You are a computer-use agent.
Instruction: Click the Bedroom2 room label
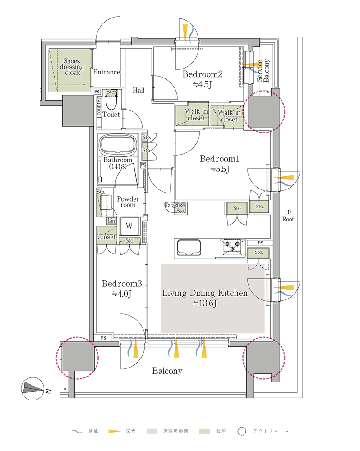click(202, 74)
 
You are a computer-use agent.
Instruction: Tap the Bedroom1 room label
click(220, 159)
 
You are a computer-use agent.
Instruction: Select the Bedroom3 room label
click(122, 284)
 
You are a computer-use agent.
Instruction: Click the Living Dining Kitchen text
click(205, 293)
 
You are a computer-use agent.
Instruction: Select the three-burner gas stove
click(232, 248)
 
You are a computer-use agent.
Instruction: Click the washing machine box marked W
click(129, 225)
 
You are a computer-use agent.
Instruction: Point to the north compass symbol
click(33, 389)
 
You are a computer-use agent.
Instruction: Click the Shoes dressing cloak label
click(72, 67)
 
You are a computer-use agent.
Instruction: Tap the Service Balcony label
click(263, 71)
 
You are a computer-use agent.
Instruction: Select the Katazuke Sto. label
click(175, 208)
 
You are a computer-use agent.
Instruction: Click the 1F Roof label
click(288, 216)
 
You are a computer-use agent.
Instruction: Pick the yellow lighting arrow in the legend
click(114, 431)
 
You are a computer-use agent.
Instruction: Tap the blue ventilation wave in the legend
click(77, 432)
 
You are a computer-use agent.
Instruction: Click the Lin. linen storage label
click(111, 221)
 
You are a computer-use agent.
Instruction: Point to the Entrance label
click(106, 72)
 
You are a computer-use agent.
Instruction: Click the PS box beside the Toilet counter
click(97, 92)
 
